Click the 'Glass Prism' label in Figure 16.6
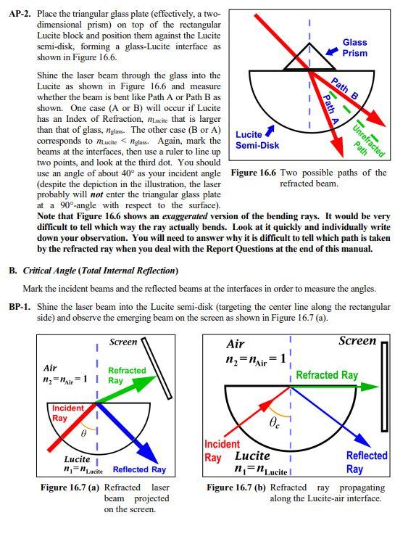(x=354, y=48)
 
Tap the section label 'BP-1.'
(x=21, y=307)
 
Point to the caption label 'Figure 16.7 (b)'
(x=236, y=488)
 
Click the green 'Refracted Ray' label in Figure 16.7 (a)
(x=126, y=375)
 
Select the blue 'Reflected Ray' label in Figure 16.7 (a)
(x=139, y=469)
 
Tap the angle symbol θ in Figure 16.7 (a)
(x=84, y=434)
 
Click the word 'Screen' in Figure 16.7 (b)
(x=357, y=340)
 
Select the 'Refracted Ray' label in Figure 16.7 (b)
(x=327, y=375)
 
